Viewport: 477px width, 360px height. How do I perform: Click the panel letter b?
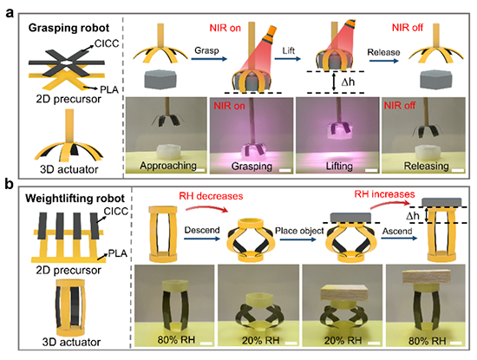(10, 184)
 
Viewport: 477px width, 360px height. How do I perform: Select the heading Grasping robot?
(69, 28)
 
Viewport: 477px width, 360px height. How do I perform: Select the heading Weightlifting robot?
(75, 199)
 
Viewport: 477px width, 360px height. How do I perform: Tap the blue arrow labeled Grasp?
(209, 59)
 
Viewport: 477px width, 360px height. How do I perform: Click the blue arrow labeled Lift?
(287, 58)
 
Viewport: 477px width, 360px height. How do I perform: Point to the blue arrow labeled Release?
(384, 61)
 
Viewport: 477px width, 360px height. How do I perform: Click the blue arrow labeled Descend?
(202, 239)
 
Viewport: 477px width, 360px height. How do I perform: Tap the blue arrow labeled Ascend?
(399, 238)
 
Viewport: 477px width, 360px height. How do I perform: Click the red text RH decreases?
(211, 196)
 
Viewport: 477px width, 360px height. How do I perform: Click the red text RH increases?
(384, 194)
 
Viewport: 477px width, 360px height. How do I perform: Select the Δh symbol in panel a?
(348, 82)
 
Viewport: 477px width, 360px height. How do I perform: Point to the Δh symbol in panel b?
(413, 216)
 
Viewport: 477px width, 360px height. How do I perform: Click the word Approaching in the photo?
(168, 166)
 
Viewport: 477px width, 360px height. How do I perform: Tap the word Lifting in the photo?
(339, 167)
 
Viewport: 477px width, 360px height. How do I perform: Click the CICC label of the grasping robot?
(107, 44)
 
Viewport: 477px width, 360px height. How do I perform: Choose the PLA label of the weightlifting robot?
(117, 253)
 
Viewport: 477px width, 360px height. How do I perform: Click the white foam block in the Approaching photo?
(168, 151)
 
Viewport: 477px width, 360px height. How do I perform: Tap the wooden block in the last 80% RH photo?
(426, 277)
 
